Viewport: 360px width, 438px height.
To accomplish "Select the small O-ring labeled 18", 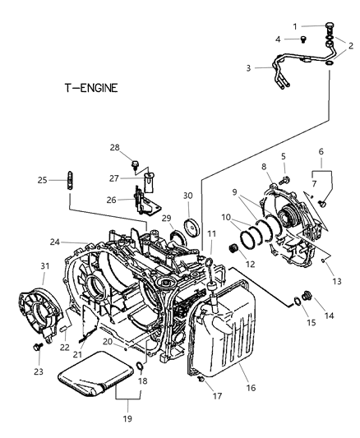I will pyautogui.click(x=140, y=365).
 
